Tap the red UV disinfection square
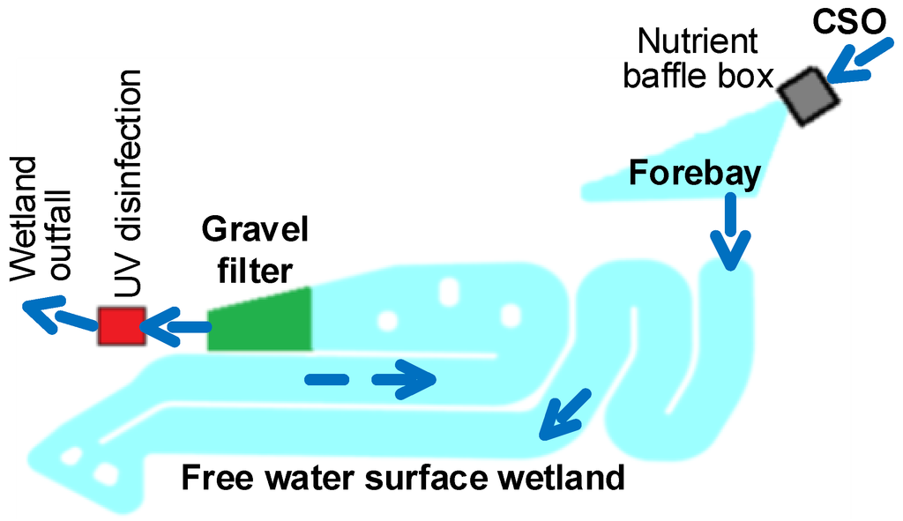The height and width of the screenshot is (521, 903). pos(120,326)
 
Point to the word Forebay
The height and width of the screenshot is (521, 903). pos(695,175)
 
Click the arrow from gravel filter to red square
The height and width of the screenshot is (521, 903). pos(176,328)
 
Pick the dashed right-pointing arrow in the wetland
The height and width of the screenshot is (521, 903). pos(370,379)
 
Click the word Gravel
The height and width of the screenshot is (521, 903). pos(256,231)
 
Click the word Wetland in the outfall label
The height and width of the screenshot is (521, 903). pos(27,211)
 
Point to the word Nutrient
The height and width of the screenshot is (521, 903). pos(697,41)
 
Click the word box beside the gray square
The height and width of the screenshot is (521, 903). pos(743,77)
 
